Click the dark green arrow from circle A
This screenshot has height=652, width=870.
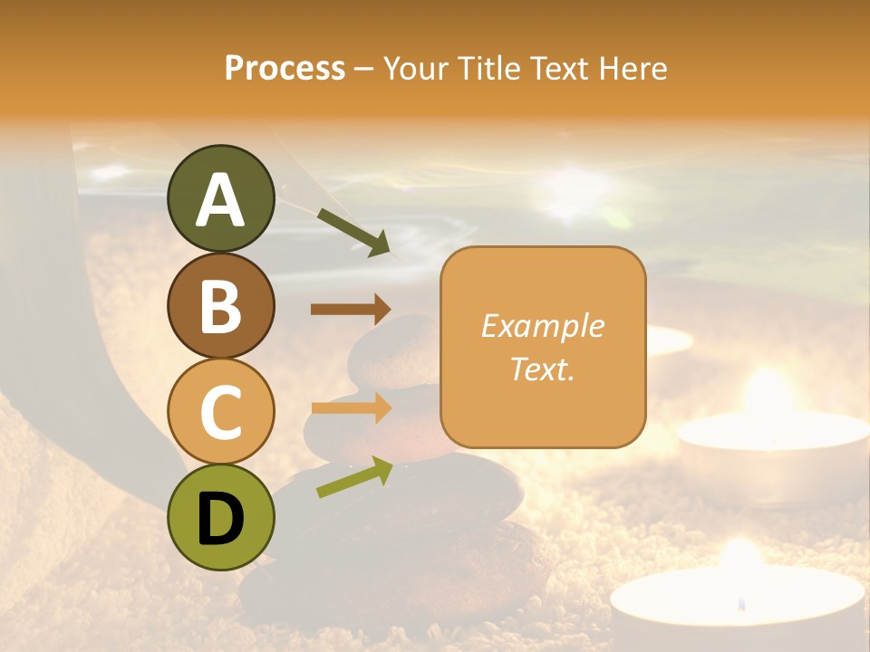point(353,232)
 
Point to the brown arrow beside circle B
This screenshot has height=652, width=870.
point(351,309)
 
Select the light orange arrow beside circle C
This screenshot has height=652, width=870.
point(351,407)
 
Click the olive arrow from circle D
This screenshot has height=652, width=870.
point(354,477)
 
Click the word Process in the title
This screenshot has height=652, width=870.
point(285,68)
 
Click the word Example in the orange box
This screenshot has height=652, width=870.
point(542,326)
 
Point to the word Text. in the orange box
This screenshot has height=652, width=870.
point(542,369)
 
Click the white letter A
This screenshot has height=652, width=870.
point(220,201)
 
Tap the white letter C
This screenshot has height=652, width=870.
point(220,413)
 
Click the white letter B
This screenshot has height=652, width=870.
point(220,306)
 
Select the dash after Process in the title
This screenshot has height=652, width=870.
point(363,69)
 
